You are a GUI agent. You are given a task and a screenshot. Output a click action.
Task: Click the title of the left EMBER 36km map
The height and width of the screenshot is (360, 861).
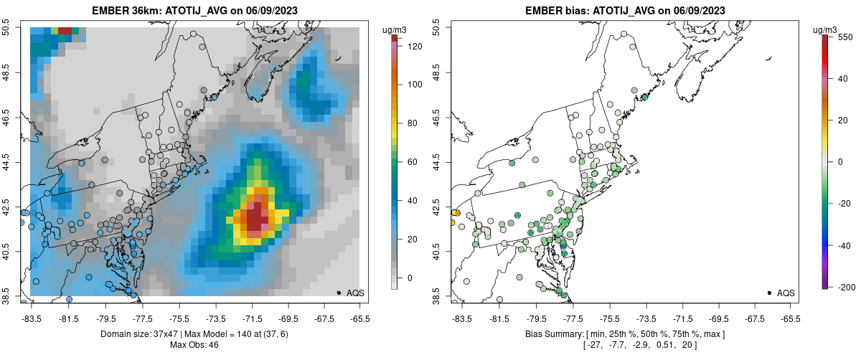point(195,11)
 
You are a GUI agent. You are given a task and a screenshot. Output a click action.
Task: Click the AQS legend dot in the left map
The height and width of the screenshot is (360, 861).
point(339,293)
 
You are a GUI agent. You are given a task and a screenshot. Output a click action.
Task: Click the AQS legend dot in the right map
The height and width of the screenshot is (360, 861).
point(768,293)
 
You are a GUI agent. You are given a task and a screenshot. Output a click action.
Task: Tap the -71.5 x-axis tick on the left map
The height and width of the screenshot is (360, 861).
point(252,318)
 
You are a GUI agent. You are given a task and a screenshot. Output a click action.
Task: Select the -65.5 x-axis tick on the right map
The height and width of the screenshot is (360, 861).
point(791,318)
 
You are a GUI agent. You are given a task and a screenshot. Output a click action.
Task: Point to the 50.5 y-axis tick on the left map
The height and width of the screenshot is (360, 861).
point(6,27)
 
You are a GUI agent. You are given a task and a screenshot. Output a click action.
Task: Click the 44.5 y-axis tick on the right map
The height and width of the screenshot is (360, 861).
point(437,162)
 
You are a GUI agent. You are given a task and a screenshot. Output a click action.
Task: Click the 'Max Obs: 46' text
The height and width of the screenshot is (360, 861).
point(195,345)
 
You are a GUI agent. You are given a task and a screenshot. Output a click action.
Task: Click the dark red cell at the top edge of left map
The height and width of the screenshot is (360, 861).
point(65,30)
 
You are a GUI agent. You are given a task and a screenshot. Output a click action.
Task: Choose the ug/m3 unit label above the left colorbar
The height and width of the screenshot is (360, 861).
point(395,29)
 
